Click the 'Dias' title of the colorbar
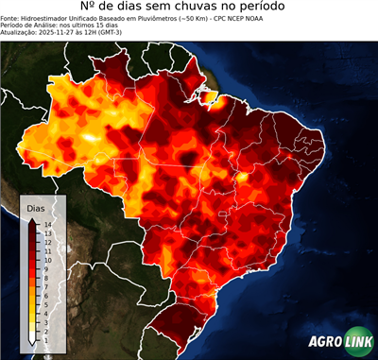(x=35, y=207)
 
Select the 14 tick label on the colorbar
(x=46, y=224)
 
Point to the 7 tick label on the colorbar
(x=46, y=279)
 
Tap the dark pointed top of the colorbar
(x=33, y=218)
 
